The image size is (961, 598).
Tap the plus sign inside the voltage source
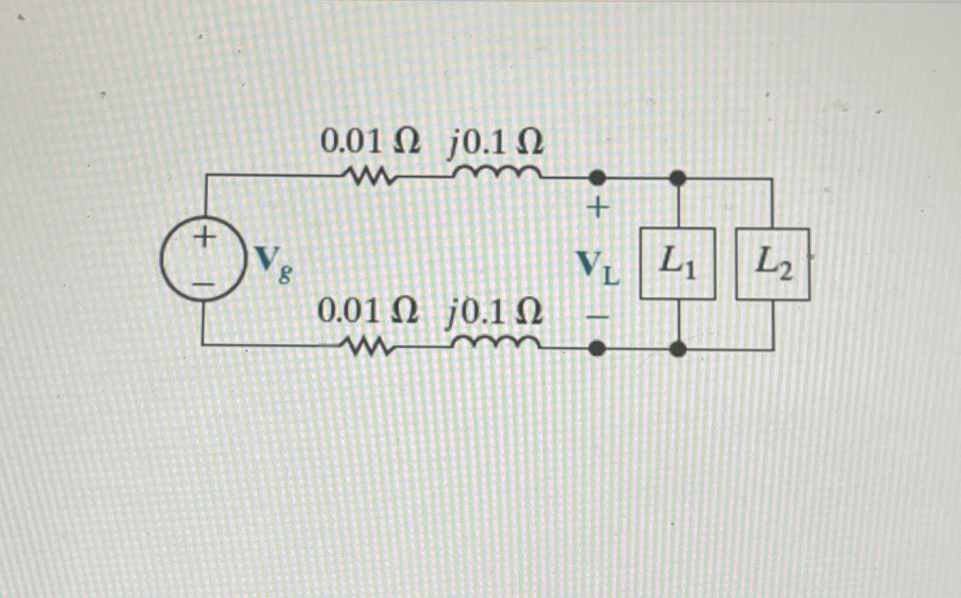click(x=204, y=237)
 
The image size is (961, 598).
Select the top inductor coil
click(x=496, y=172)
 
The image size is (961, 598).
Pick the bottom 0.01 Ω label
click(x=367, y=312)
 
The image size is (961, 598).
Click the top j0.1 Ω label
click(x=496, y=142)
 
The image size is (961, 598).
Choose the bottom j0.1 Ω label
click(x=495, y=313)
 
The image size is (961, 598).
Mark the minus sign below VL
click(x=597, y=317)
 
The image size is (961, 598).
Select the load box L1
click(x=678, y=264)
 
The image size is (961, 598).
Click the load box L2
click(x=772, y=264)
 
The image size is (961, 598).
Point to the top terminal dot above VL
click(x=597, y=178)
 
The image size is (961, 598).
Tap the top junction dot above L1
click(x=678, y=178)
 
